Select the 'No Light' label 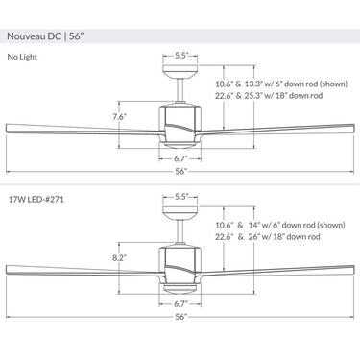24,58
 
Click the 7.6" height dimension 119,118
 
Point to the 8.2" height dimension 119,258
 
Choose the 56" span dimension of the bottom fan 180,316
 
